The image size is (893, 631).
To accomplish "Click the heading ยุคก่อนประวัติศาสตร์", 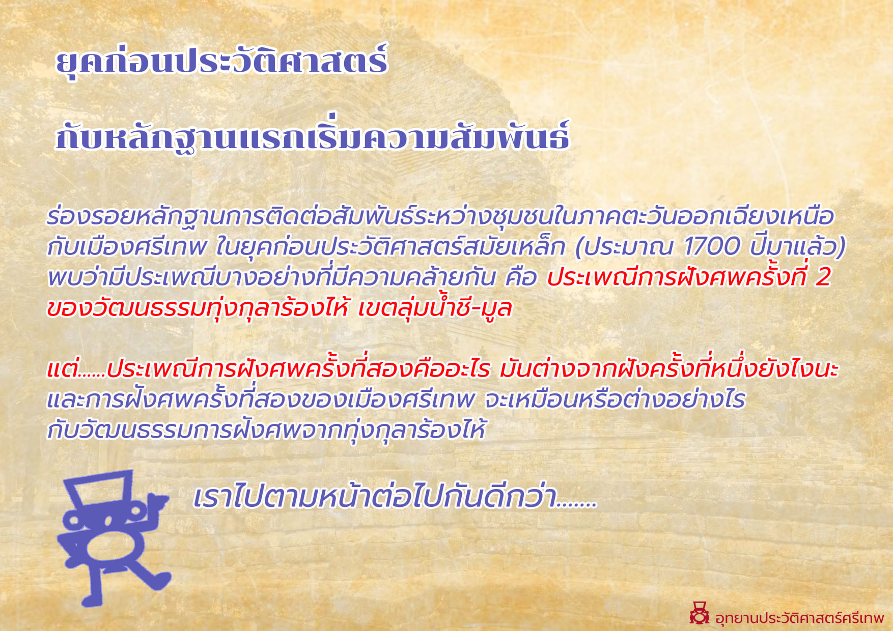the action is [x=221, y=62].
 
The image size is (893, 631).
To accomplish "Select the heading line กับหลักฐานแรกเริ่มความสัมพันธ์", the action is [x=312, y=136].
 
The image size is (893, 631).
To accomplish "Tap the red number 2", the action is [x=823, y=277].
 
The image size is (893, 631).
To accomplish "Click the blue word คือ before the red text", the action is [x=521, y=277].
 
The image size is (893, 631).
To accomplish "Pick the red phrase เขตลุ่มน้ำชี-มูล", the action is [x=435, y=307].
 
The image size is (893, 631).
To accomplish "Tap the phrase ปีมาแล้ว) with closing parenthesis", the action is [x=798, y=247].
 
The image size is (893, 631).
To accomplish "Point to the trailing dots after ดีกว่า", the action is [x=577, y=505].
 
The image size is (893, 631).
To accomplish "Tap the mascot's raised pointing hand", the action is [x=157, y=504].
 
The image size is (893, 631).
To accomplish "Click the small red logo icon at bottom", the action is [x=699, y=613].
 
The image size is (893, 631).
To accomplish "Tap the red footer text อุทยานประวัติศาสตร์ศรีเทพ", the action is [x=800, y=618].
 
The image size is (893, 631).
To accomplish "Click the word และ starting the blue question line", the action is [x=66, y=400].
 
